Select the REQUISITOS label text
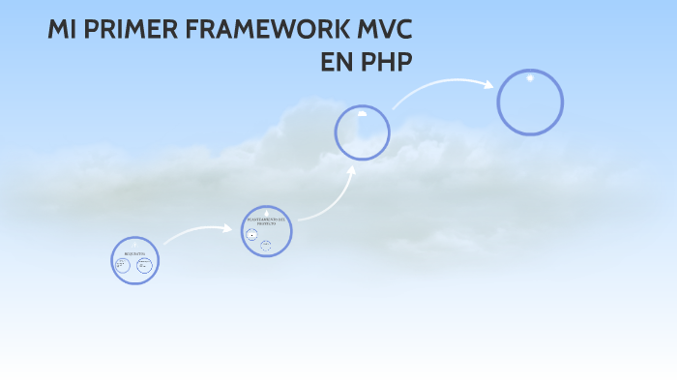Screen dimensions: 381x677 click(x=134, y=252)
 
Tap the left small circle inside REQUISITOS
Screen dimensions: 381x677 click(x=123, y=265)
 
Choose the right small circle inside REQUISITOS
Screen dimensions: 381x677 click(x=144, y=265)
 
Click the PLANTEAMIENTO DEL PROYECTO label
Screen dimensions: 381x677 click(x=266, y=222)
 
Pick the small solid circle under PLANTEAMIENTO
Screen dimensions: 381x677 click(x=252, y=235)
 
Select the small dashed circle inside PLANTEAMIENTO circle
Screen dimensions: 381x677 click(x=266, y=245)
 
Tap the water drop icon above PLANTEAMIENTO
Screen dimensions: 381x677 click(x=266, y=212)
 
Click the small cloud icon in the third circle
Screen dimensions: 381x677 click(x=363, y=113)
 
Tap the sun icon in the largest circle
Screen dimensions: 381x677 click(x=530, y=78)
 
